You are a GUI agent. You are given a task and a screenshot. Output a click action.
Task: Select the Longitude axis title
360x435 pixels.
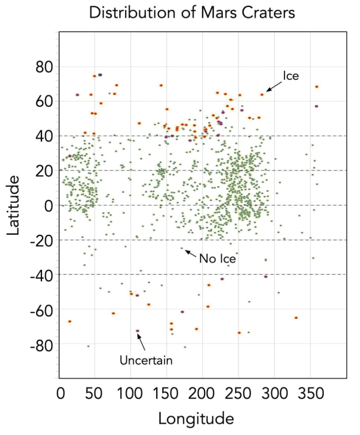coord(196,418)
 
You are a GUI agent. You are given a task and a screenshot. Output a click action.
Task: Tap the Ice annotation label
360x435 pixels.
coord(291,76)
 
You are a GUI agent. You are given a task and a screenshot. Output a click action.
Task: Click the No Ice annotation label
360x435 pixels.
coord(217,258)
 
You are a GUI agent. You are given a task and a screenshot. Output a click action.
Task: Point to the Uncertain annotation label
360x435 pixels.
coord(146,360)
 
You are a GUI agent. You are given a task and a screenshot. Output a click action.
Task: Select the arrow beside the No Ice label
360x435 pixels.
coord(191,253)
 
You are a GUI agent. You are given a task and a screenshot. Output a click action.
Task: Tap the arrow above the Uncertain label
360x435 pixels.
coord(141,342)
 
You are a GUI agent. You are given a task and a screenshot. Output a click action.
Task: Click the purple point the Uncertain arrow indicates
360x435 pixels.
coord(138,331)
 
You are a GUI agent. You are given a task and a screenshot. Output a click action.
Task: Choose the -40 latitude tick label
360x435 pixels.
coord(41,275)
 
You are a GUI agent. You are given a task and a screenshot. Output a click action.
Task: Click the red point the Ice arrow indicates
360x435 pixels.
coord(262,94)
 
